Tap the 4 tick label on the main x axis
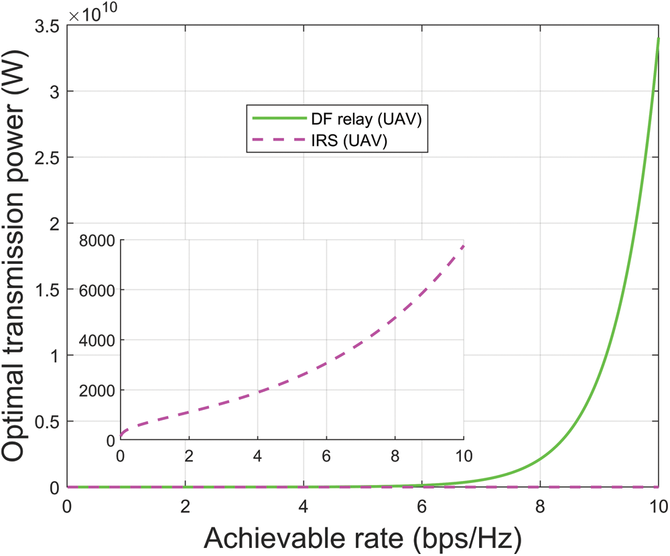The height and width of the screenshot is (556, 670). pyautogui.click(x=304, y=505)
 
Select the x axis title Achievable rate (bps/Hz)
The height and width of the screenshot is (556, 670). pyautogui.click(x=362, y=536)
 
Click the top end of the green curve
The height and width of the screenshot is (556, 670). pyautogui.click(x=659, y=38)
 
